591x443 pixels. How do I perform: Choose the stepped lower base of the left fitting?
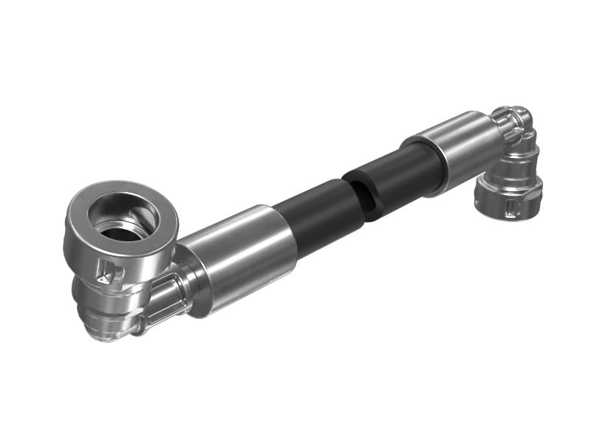pyautogui.click(x=111, y=325)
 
